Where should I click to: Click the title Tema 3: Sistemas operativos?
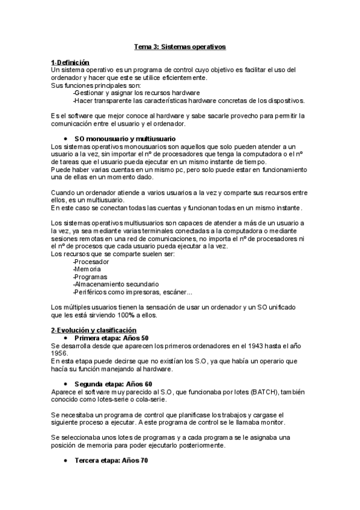point(180,46)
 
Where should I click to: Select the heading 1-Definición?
point(70,63)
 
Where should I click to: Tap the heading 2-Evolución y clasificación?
point(94,330)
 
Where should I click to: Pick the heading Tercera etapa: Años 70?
point(111,460)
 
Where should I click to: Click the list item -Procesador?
point(91,262)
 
